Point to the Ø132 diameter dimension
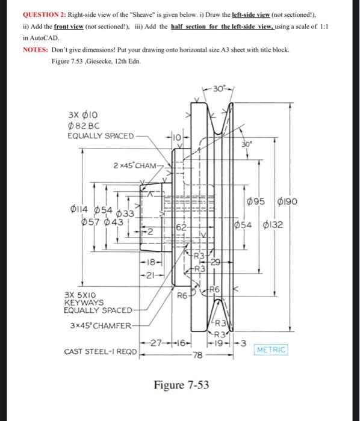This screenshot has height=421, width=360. tap(280, 226)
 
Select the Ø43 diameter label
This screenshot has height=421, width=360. tap(113, 222)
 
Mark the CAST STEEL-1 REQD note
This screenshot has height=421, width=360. tap(100, 351)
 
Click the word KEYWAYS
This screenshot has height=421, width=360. tap(84, 303)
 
